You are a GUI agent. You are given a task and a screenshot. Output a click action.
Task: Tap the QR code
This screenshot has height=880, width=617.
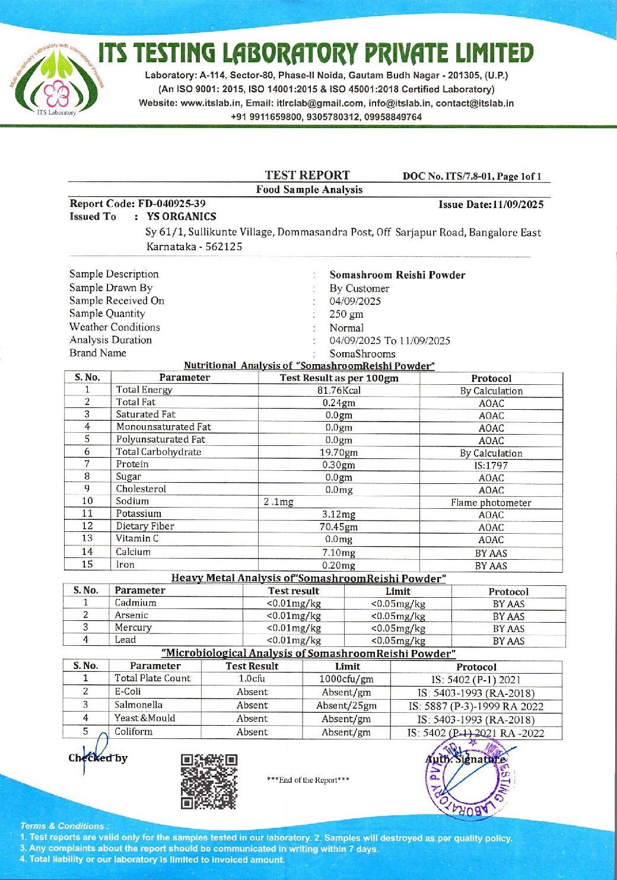coord(209,782)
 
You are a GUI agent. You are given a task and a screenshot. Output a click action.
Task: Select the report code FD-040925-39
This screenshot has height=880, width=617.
coord(171,203)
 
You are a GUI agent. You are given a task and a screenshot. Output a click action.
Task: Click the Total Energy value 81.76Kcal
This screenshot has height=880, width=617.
coord(339,390)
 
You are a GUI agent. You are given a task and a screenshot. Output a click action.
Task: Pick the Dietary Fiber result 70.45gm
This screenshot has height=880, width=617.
coord(339,527)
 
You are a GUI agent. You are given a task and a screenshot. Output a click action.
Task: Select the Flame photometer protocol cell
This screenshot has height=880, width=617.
coord(491,502)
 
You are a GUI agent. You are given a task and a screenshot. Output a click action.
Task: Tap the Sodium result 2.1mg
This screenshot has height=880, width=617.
coord(279,502)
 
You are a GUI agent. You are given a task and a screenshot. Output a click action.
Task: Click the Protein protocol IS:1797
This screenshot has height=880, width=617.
coord(491,465)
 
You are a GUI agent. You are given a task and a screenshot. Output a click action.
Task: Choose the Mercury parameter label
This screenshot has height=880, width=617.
coord(133,627)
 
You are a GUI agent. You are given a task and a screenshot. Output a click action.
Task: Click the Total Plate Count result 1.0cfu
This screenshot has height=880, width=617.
coord(252,678)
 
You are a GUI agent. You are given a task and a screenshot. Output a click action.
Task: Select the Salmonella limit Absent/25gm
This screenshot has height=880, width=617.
coord(346,706)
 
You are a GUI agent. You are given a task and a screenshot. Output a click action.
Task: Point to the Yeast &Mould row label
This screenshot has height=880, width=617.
coord(145,718)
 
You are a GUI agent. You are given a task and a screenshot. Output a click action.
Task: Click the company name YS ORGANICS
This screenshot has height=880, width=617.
coord(182,216)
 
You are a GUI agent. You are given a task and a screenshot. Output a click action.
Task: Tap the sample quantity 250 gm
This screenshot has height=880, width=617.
coord(346,314)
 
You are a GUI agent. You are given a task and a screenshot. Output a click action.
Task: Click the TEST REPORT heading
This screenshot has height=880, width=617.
coord(307,175)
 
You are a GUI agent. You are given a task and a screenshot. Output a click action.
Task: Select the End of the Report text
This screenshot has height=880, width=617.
coord(308,780)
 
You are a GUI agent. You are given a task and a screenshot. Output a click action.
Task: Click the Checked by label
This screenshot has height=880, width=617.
coord(98,758)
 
